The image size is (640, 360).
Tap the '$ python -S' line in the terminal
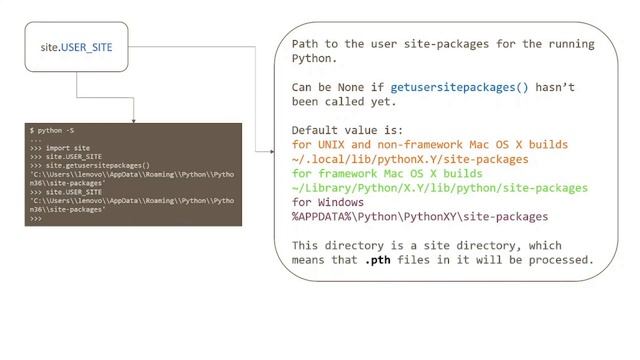[53, 131]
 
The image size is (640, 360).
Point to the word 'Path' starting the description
[308, 44]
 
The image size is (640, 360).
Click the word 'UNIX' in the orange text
[337, 145]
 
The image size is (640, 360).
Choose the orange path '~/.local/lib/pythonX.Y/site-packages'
[410, 159]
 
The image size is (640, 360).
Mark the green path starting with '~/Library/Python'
[439, 188]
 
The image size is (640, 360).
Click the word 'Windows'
[350, 202]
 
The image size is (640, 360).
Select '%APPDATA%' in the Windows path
[325, 216]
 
